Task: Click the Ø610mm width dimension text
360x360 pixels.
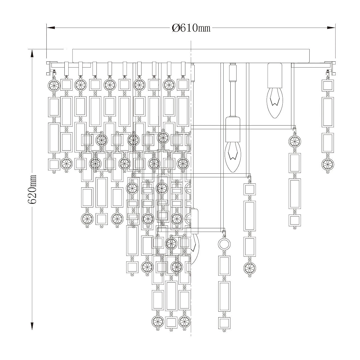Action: [x=191, y=28]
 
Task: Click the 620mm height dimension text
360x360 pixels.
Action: [x=32, y=189]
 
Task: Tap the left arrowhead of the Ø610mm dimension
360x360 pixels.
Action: [x=51, y=28]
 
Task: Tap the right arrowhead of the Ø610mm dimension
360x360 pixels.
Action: [x=331, y=28]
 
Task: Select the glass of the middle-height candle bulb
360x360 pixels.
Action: [x=233, y=157]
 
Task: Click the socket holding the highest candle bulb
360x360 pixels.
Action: [x=274, y=75]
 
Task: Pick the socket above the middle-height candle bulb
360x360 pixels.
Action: [x=233, y=129]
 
